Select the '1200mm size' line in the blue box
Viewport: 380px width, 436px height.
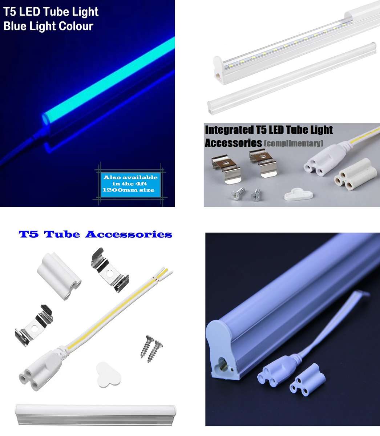tap(129, 190)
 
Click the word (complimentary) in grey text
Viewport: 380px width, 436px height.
tap(294, 143)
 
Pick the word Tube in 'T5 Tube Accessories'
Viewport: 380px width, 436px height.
tap(63, 234)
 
